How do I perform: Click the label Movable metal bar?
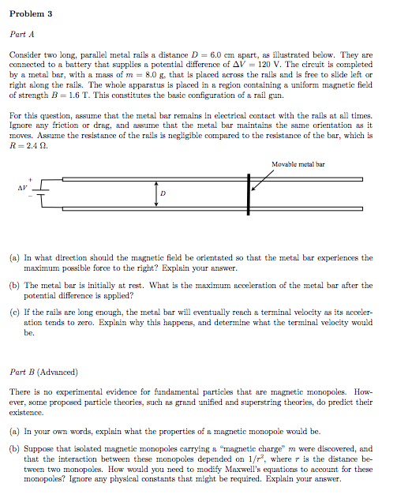(x=298, y=165)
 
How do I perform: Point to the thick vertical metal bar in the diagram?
(x=248, y=193)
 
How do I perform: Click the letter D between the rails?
(x=163, y=193)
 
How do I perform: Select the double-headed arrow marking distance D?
(x=156, y=193)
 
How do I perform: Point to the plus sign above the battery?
(x=31, y=178)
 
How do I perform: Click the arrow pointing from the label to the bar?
(x=264, y=178)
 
